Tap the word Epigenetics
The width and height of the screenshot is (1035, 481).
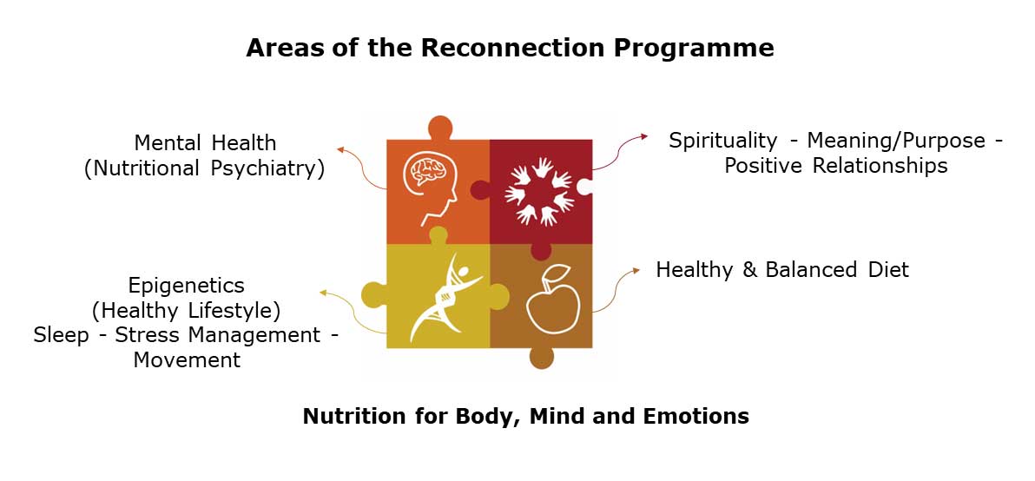(x=187, y=286)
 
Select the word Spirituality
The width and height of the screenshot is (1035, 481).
(x=722, y=141)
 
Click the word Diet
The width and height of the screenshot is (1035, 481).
(x=887, y=270)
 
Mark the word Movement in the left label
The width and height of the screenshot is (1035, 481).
(x=187, y=359)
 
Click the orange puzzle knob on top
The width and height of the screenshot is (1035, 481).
(x=440, y=128)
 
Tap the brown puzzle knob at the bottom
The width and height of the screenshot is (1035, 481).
(x=541, y=357)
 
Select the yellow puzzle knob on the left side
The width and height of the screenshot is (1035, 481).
(x=373, y=294)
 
